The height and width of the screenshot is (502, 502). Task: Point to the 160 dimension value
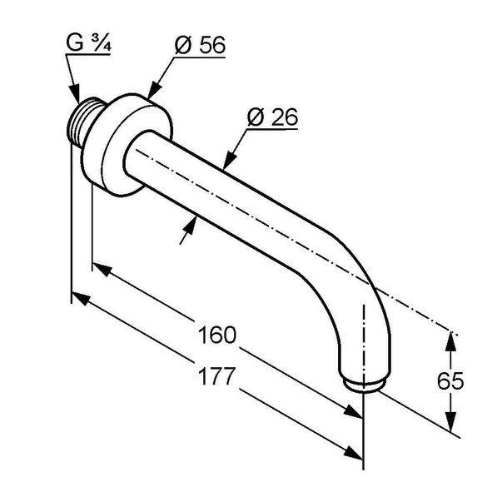pyautogui.click(x=217, y=335)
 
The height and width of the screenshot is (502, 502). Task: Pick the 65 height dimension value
pyautogui.click(x=451, y=380)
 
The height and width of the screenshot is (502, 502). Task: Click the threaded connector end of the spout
pyautogui.click(x=82, y=125)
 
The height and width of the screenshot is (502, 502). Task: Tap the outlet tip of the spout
pyautogui.click(x=364, y=384)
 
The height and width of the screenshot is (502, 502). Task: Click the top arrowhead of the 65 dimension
pyautogui.click(x=451, y=339)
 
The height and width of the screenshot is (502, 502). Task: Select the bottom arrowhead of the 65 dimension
pyautogui.click(x=451, y=425)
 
